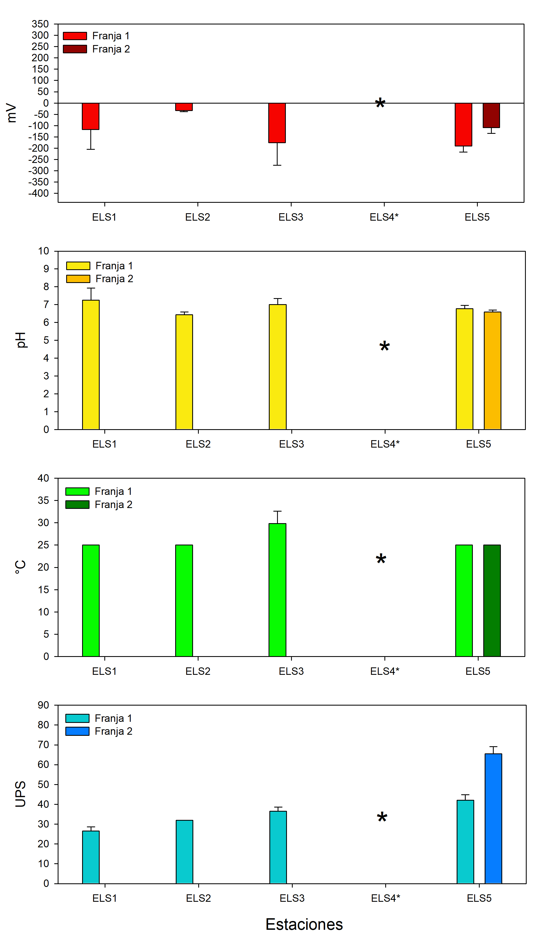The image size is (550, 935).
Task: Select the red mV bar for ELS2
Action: (x=184, y=107)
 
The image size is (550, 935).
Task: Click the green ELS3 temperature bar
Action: (x=277, y=590)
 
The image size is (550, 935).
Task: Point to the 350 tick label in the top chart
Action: (x=40, y=24)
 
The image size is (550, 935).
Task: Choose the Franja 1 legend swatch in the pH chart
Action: (x=78, y=266)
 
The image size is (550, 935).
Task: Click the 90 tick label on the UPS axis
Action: (x=43, y=705)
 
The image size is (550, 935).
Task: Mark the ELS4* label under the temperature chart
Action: (x=385, y=671)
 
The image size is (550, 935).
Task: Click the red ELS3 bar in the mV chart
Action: (x=277, y=123)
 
